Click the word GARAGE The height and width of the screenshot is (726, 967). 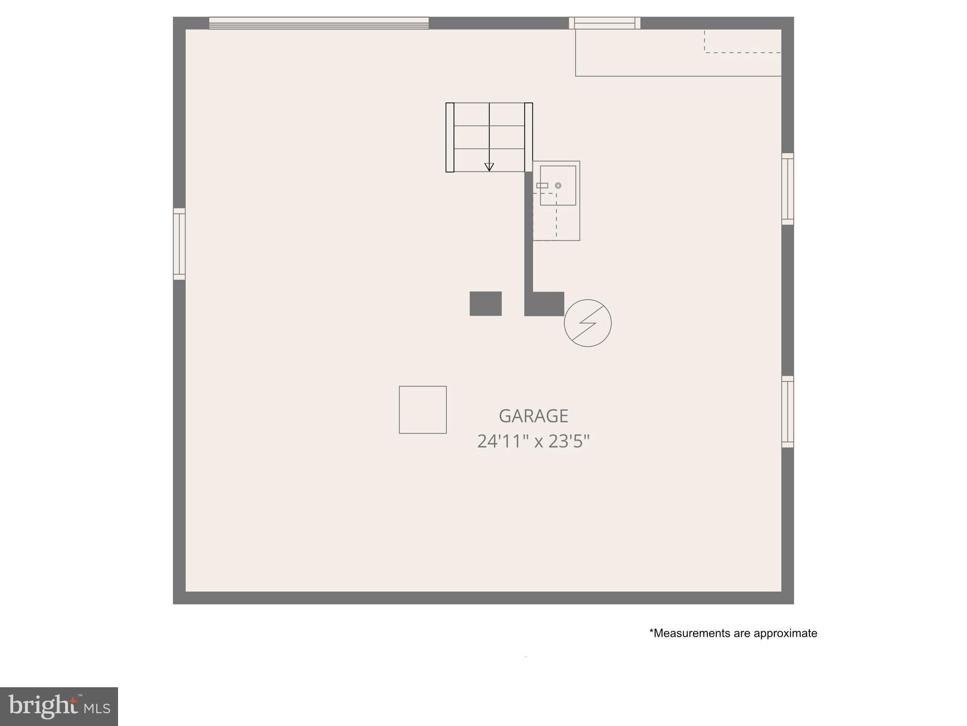click(x=533, y=416)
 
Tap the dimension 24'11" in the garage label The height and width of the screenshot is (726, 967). click(x=502, y=441)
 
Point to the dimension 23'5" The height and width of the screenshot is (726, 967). click(x=569, y=441)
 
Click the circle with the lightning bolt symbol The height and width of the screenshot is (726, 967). click(x=587, y=323)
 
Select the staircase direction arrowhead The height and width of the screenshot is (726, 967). click(x=489, y=167)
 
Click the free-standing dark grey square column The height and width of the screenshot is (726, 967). click(x=485, y=303)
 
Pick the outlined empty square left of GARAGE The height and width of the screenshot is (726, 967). click(x=423, y=410)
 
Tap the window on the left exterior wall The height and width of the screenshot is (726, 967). click(x=179, y=244)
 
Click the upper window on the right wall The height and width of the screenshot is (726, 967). click(x=788, y=189)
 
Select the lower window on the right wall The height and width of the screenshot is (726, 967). click(x=788, y=412)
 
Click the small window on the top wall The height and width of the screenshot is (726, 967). click(x=604, y=23)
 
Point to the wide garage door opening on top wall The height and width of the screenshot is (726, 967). click(x=319, y=23)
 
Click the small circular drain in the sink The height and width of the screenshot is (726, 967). click(x=558, y=186)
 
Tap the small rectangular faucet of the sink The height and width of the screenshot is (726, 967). click(x=542, y=186)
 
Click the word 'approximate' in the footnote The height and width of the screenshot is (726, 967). click(x=785, y=633)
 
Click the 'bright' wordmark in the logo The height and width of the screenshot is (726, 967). click(x=42, y=706)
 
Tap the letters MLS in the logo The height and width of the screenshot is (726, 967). click(x=97, y=709)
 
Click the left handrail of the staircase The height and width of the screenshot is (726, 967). click(x=450, y=137)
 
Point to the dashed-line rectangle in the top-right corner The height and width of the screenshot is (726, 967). click(x=743, y=41)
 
